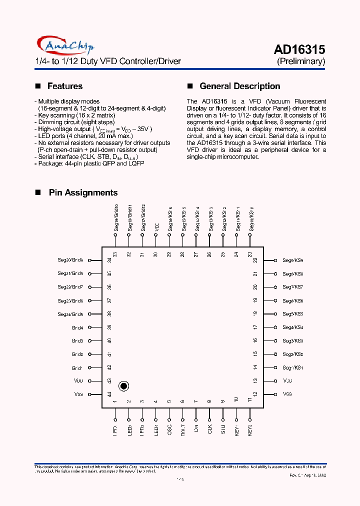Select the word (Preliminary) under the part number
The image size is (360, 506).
(301, 61)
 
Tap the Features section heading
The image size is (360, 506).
(64, 86)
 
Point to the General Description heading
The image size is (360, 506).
(239, 86)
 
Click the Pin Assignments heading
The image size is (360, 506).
(83, 192)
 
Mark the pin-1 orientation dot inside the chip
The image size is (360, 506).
(124, 386)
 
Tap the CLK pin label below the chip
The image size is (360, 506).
(210, 430)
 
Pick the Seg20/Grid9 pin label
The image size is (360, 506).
(70, 260)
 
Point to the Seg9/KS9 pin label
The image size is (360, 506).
(292, 260)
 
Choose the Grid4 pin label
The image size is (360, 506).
(77, 327)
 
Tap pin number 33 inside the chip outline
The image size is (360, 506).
(115, 254)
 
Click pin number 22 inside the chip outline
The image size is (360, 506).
(255, 260)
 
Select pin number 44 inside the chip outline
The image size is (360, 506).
(109, 394)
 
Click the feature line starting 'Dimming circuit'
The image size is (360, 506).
(74, 122)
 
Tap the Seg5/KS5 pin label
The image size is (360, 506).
(292, 314)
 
